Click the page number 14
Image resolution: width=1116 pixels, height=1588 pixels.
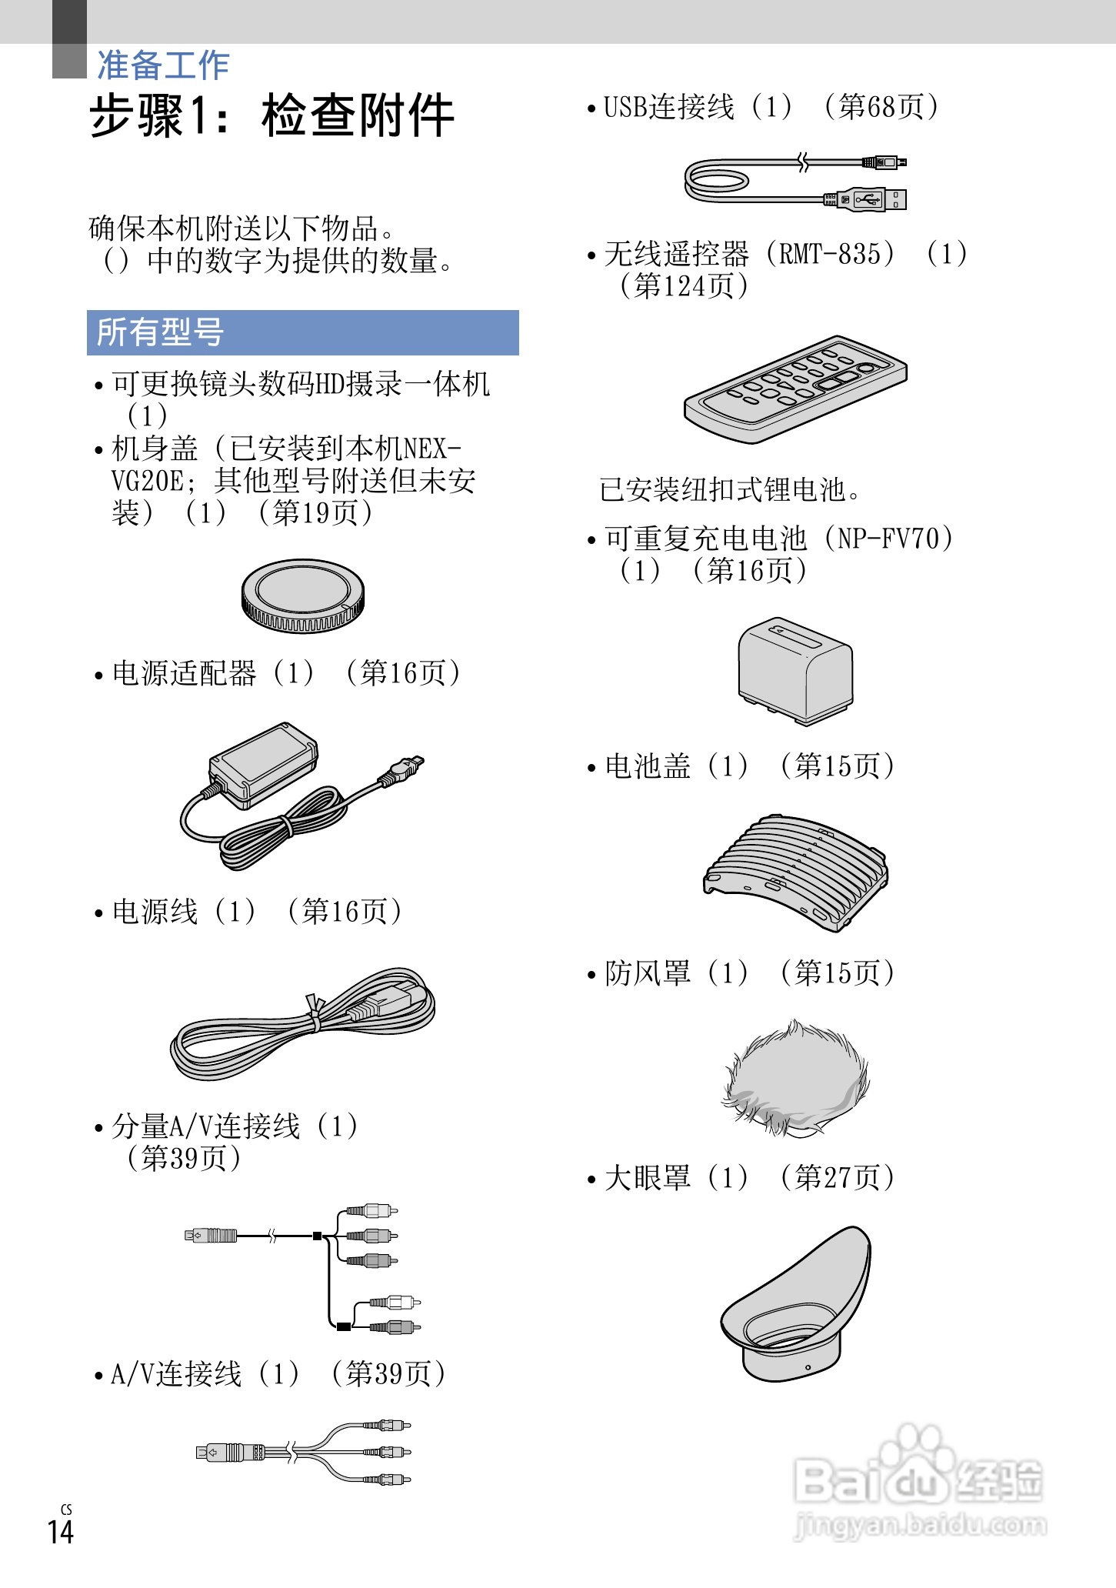61,1531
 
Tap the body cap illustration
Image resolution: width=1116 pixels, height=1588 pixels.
302,596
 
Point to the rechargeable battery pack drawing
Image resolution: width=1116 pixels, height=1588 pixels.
795,669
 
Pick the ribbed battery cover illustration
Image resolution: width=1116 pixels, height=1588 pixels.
795,872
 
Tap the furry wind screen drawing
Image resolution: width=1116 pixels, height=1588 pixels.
795,1077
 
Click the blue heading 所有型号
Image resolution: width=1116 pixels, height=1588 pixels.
160,332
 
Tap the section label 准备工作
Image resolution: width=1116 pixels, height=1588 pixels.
163,65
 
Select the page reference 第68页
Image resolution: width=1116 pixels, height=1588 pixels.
881,107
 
